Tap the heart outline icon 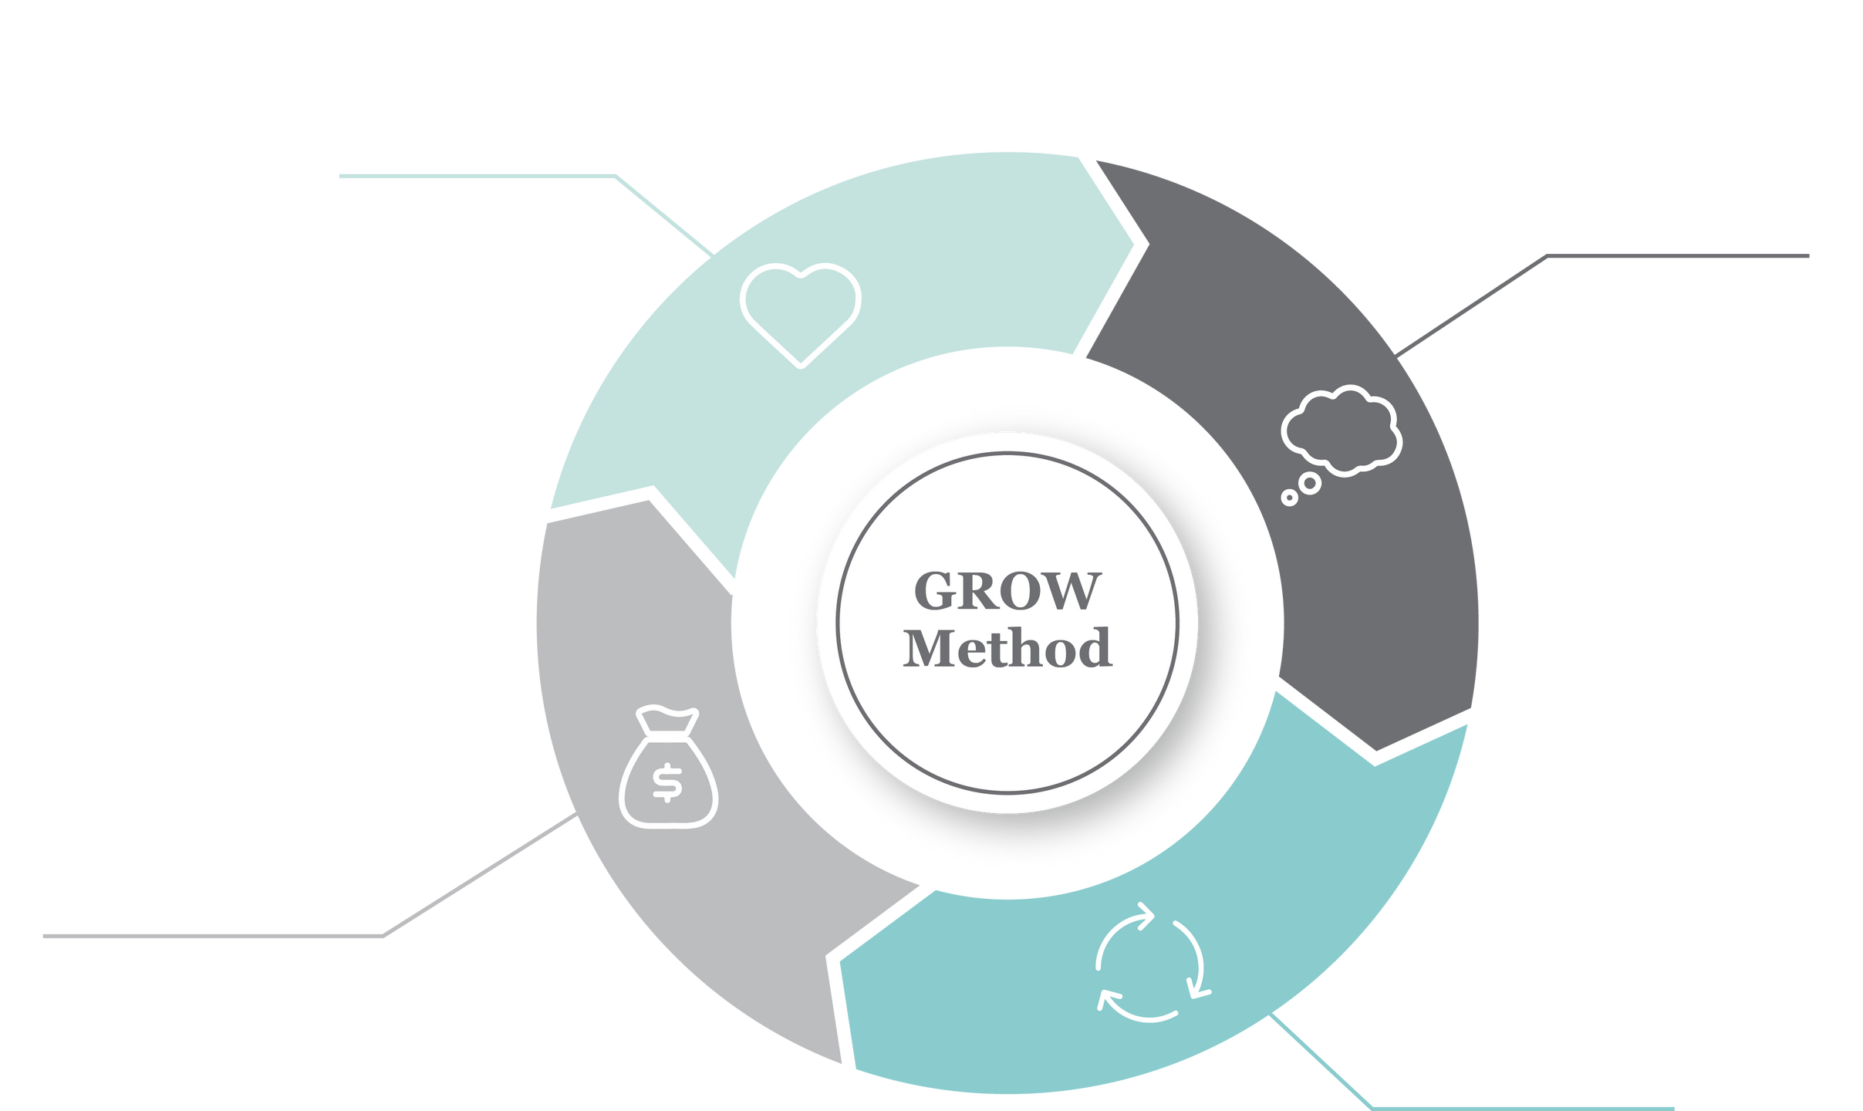(800, 312)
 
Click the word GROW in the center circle (1007, 592)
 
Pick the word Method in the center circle (1007, 649)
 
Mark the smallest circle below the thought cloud (1288, 498)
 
